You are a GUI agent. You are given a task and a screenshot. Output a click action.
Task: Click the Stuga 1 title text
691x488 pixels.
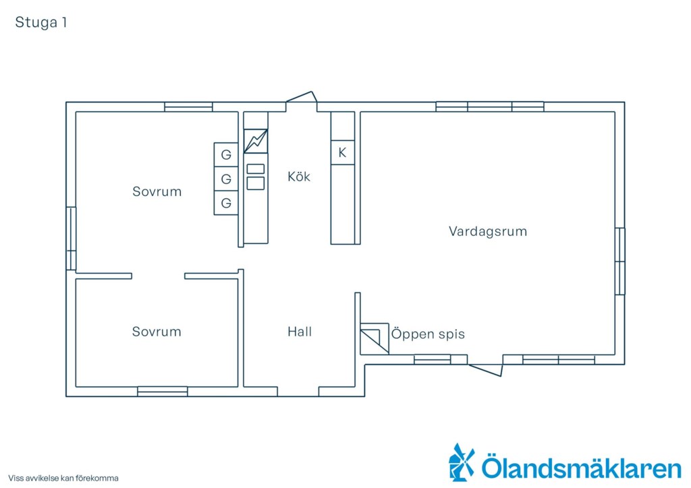click(41, 22)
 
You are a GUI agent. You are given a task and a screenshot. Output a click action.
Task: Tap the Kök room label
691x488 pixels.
click(299, 177)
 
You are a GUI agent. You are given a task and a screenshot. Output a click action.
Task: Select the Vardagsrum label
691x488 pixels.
click(488, 231)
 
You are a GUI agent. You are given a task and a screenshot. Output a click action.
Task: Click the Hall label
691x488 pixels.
click(300, 332)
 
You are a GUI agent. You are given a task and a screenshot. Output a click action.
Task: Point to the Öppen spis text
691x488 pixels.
click(428, 334)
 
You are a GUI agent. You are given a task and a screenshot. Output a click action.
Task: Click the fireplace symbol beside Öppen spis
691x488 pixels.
click(375, 339)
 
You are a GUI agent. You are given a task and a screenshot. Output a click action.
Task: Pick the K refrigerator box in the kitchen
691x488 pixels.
click(342, 153)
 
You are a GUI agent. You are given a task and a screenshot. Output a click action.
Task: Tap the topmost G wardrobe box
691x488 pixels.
click(226, 154)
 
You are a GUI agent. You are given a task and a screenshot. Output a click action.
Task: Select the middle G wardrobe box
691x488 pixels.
click(226, 179)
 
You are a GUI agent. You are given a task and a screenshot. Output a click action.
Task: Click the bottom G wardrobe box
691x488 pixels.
click(226, 203)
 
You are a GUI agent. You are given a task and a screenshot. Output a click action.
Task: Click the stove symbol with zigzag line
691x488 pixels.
click(256, 141)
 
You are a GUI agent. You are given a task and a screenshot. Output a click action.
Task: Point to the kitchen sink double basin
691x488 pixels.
click(256, 177)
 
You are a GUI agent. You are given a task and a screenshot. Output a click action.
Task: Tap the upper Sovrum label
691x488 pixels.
click(157, 191)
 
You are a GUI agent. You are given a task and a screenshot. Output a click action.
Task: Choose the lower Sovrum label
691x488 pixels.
click(157, 332)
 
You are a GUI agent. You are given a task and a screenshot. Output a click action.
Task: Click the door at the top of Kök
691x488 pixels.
click(302, 97)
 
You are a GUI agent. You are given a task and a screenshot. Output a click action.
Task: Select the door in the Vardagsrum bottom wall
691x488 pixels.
click(486, 371)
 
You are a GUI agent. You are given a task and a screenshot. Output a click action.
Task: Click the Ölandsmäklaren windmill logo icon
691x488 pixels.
click(462, 462)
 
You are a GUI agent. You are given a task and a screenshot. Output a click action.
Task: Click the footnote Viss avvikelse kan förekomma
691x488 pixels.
click(63, 478)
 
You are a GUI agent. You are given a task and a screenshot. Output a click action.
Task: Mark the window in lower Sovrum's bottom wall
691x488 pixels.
click(163, 391)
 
